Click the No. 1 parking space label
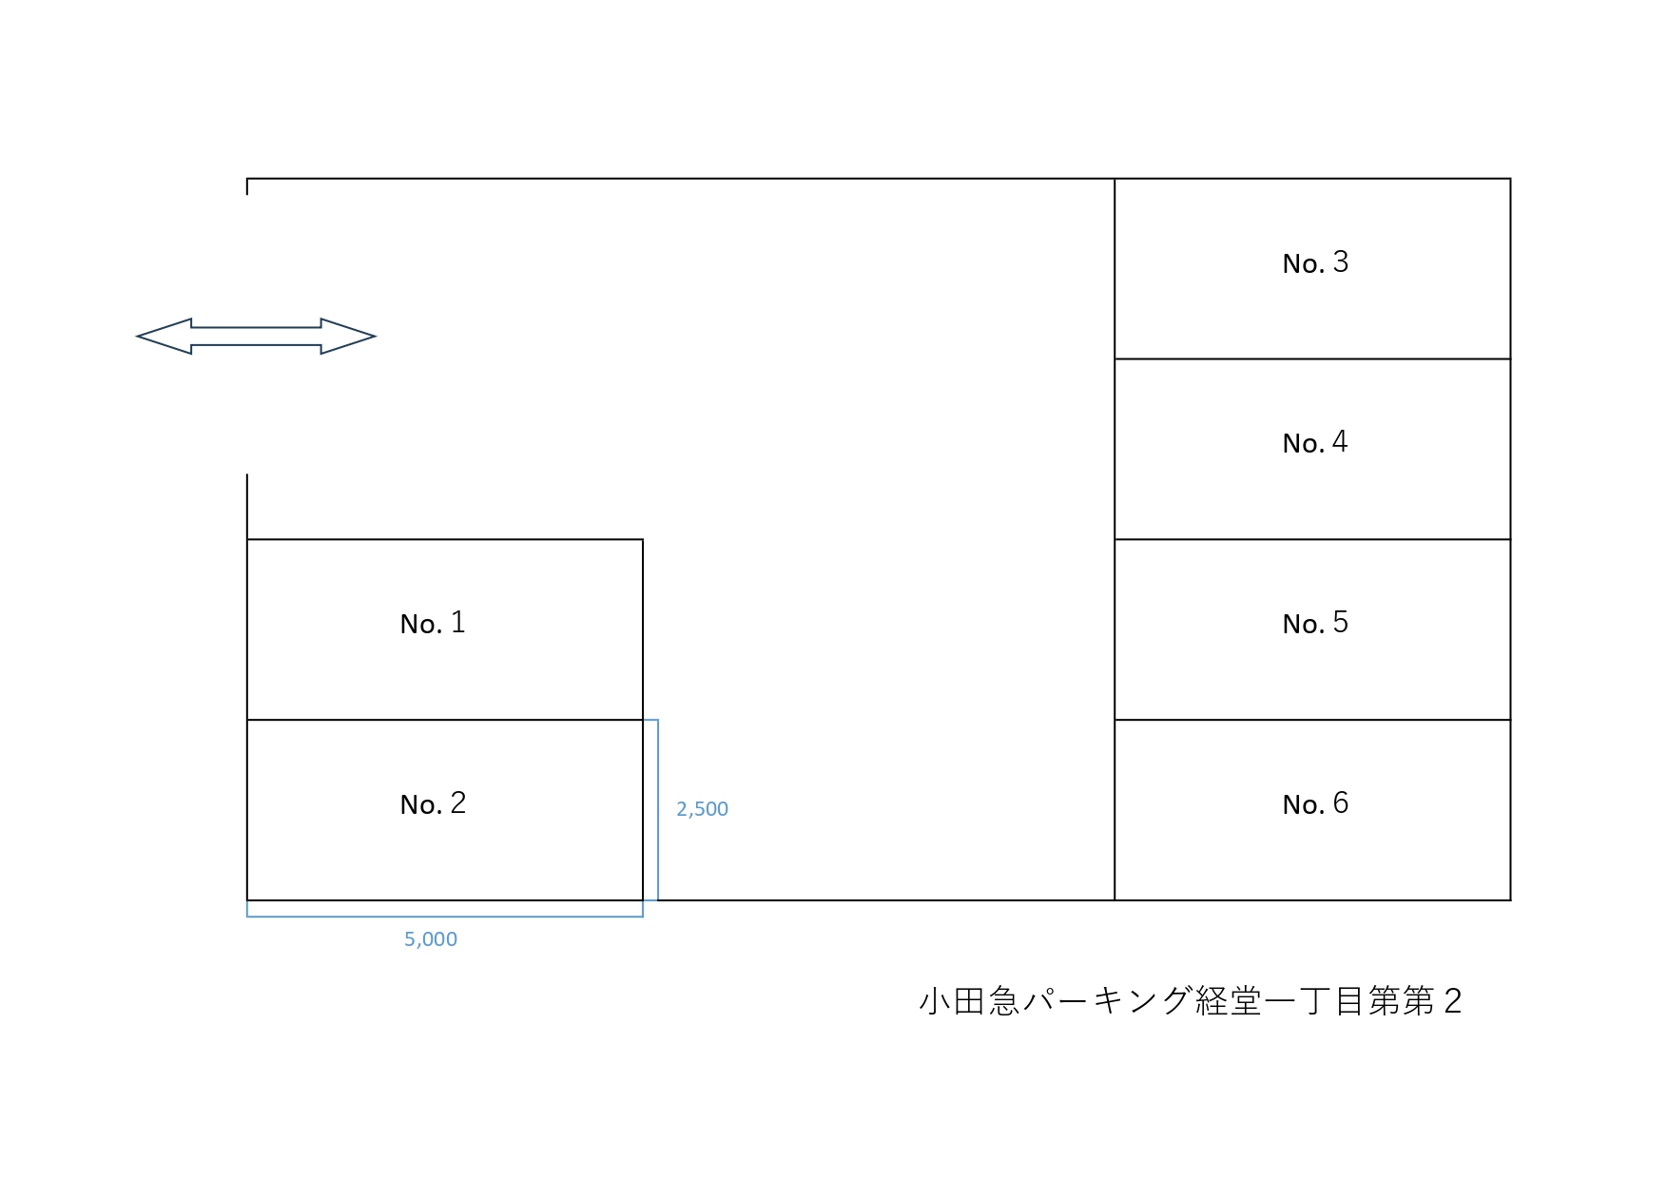tap(433, 623)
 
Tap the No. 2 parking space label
tap(433, 803)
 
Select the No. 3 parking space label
tap(1315, 262)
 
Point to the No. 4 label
tap(1315, 442)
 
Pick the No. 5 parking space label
tap(1315, 623)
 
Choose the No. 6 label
tap(1315, 803)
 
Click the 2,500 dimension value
tap(702, 809)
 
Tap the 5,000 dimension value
tap(431, 939)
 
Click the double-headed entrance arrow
tap(256, 337)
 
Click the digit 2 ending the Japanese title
tap(1452, 1001)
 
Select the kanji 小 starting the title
tap(935, 1001)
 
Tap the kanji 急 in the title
tap(1004, 1001)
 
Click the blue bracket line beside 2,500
tap(658, 810)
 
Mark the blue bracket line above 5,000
tap(445, 917)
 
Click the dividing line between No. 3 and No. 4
tap(1312, 358)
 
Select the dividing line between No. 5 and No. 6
tap(1312, 720)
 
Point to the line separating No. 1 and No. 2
tap(445, 720)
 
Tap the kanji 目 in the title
tap(1350, 1001)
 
